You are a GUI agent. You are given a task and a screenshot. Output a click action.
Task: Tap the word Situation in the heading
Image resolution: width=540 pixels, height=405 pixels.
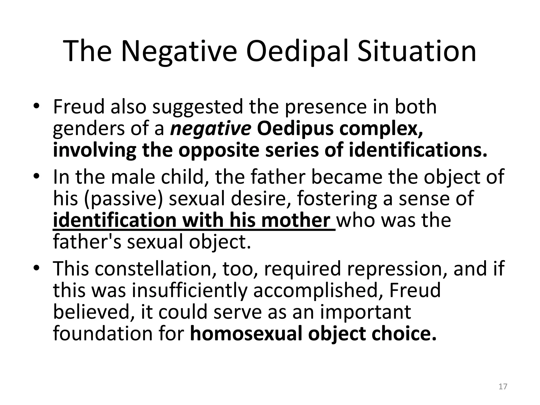click(x=416, y=51)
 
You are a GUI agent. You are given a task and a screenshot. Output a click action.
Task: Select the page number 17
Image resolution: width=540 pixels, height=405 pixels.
click(x=503, y=387)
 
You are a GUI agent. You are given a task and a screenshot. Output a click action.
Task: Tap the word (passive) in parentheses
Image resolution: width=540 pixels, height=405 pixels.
click(x=123, y=198)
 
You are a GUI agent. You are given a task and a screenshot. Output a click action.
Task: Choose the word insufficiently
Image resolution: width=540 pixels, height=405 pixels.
click(x=190, y=290)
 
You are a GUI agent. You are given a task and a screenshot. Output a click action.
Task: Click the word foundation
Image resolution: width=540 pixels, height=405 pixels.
click(x=102, y=334)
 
